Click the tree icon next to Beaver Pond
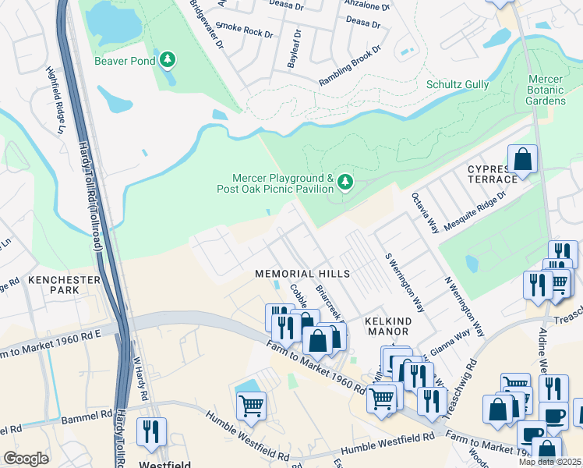[x=167, y=60]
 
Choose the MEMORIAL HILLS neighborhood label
[x=303, y=274]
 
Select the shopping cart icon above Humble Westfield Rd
[x=251, y=405]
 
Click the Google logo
[x=26, y=459]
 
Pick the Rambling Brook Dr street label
[x=351, y=66]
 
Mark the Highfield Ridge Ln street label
[x=55, y=88]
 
